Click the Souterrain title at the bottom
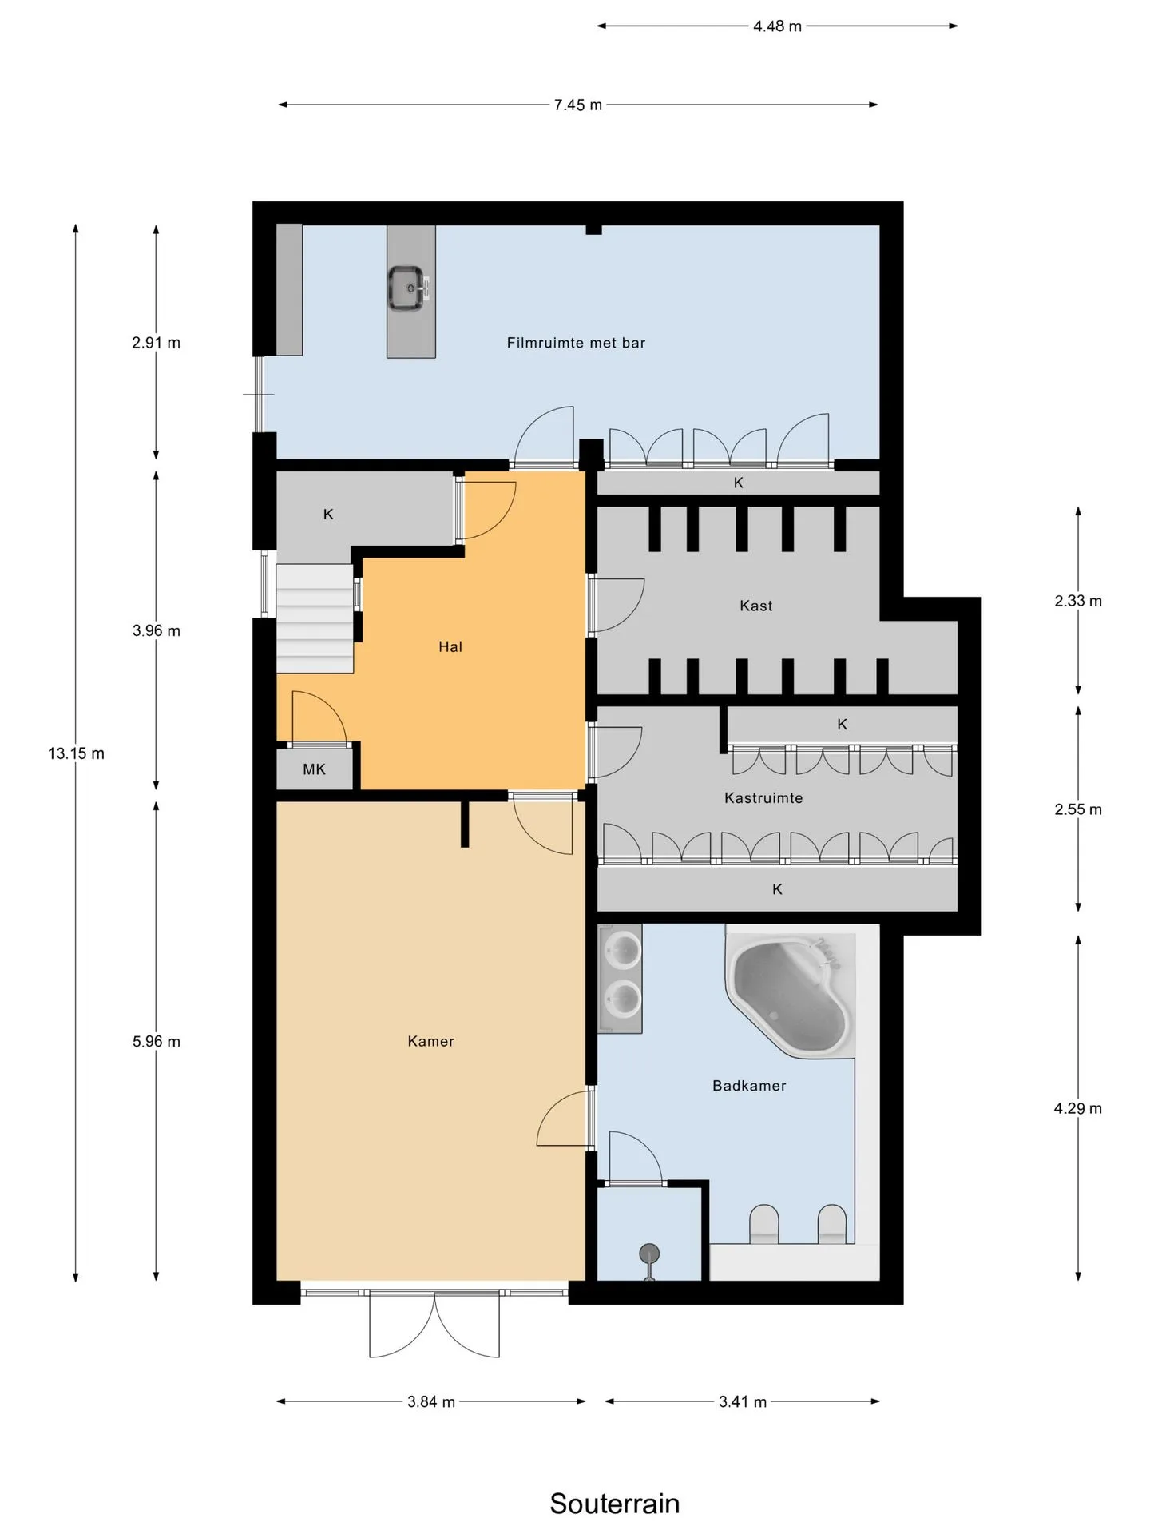point(614,1504)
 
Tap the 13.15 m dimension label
point(76,753)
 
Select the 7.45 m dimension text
point(578,105)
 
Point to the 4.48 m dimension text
point(777,26)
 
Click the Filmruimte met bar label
point(576,343)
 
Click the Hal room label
point(450,646)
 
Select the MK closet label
point(314,769)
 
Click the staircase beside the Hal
point(315,618)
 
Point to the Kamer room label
point(430,1041)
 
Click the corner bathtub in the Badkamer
point(789,996)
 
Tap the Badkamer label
point(749,1086)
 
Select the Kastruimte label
point(763,797)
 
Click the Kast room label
point(755,606)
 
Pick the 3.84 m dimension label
point(430,1401)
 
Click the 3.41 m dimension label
point(743,1401)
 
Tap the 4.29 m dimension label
point(1077,1108)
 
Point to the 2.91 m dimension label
point(156,343)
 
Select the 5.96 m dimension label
point(156,1041)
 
